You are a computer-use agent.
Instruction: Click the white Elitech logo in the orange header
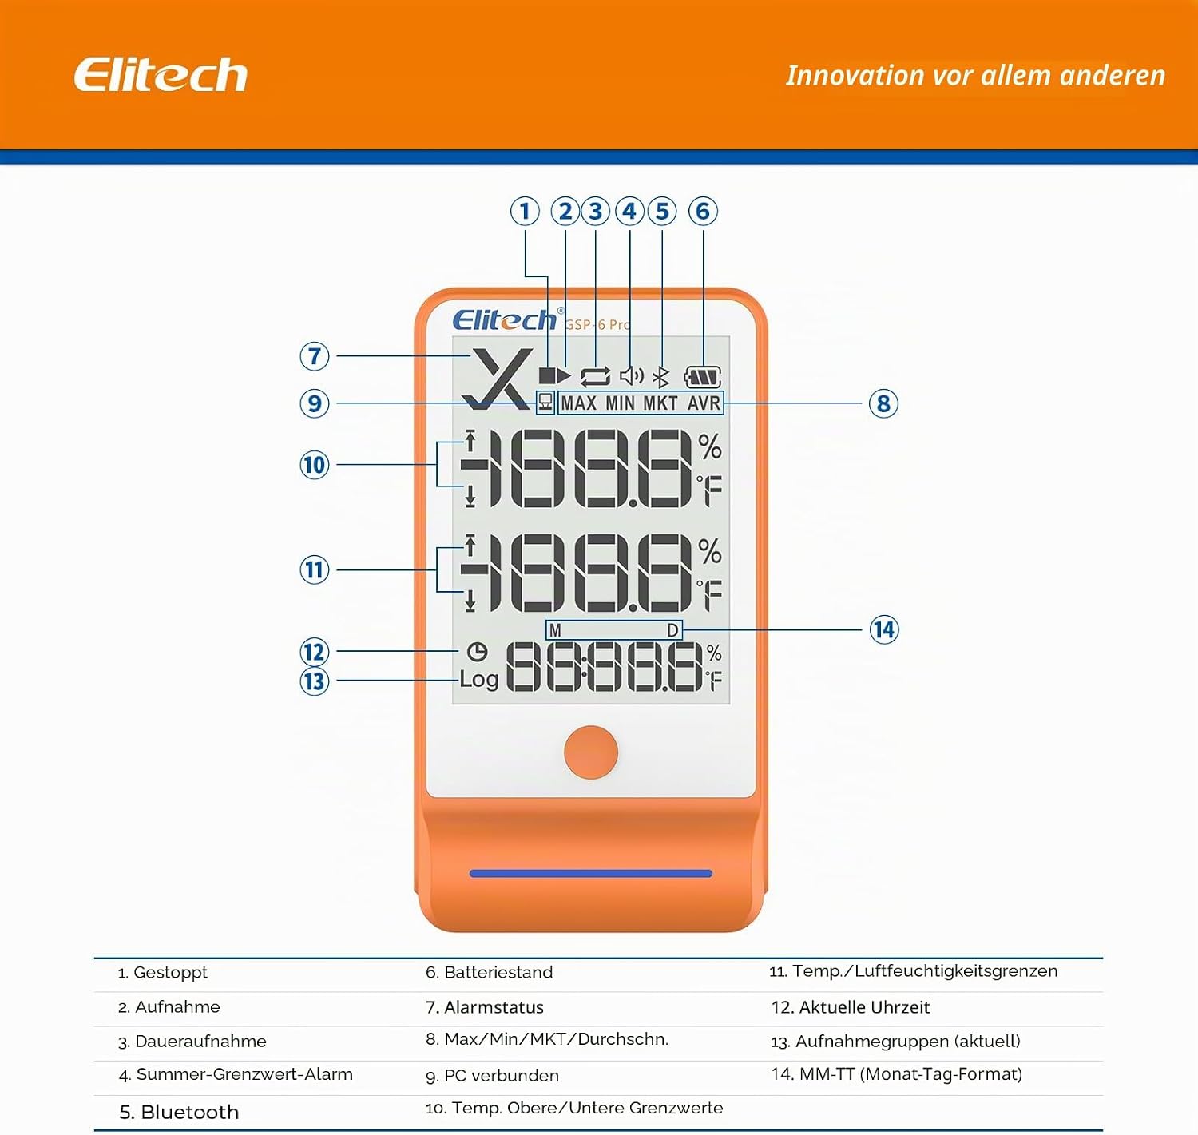coord(161,75)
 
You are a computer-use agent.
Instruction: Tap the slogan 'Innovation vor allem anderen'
coord(975,76)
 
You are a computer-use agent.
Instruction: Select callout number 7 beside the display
coord(315,356)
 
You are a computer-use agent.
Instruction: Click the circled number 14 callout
coord(883,629)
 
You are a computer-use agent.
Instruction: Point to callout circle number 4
coord(629,212)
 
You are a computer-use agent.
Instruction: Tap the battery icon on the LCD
coord(703,377)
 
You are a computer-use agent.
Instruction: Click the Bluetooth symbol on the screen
coord(661,377)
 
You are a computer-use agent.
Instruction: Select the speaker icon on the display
coord(631,376)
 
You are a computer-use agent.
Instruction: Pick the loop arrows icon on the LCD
coord(595,377)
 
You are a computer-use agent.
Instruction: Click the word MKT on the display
coord(660,403)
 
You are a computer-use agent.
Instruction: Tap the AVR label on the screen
coord(704,403)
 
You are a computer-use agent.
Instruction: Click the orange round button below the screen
coord(590,752)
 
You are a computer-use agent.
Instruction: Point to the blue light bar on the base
coord(590,874)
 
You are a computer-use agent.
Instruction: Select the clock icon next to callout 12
coord(477,652)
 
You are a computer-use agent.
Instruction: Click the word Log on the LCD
coord(478,679)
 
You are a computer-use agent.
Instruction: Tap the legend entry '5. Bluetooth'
coord(179,1113)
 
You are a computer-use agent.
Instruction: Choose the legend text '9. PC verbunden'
coord(492,1076)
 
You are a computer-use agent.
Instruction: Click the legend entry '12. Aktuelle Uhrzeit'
coord(851,1007)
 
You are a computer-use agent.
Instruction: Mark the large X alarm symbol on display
coord(497,379)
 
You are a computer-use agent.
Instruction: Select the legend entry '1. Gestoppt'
coord(163,972)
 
